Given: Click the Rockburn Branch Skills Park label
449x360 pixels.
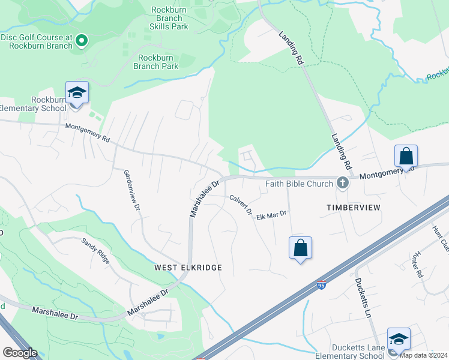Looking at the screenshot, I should [169, 18].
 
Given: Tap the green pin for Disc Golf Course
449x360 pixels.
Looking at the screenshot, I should [82, 41].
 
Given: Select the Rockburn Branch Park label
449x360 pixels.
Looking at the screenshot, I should [158, 62].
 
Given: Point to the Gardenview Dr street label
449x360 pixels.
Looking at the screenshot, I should [131, 189].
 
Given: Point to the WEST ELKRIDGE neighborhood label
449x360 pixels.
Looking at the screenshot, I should [188, 267].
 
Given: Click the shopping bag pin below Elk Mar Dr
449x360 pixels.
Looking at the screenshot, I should [300, 248].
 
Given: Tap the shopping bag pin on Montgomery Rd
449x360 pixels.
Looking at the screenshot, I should [406, 157].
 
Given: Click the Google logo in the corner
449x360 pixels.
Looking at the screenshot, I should [20, 353].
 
